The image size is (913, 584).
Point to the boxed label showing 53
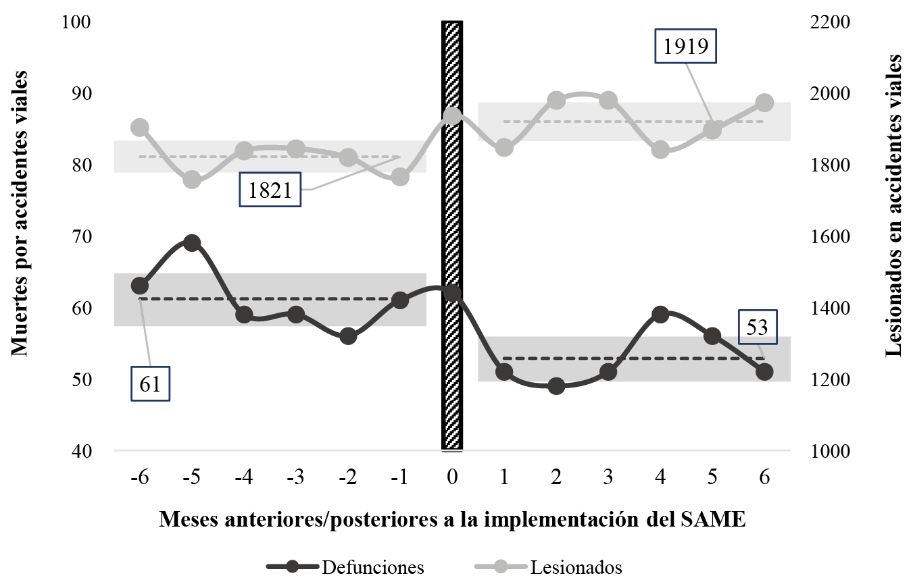(758, 327)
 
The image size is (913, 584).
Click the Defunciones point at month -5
(192, 243)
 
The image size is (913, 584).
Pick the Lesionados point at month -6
(140, 128)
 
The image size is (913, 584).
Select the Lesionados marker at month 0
(452, 116)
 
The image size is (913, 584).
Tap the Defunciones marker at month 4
(660, 314)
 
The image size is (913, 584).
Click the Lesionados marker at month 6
(764, 103)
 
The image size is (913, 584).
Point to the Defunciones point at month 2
(556, 386)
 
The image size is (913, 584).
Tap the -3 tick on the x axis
(296, 477)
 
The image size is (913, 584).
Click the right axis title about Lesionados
(894, 206)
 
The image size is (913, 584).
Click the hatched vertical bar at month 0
(452, 236)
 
